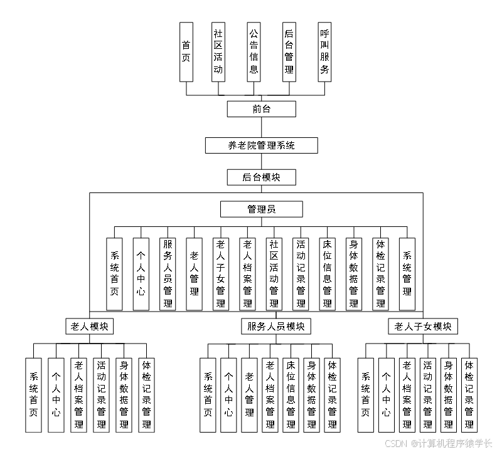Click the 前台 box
261,109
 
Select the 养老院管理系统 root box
261,145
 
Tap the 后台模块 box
261,177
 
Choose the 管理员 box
261,209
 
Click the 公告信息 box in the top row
254,52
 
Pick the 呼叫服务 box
324,52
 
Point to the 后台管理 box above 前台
289,52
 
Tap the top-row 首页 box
186,52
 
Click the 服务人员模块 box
276,326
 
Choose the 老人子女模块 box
422,326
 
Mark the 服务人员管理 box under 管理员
168,274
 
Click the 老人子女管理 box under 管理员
220,274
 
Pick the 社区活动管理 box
274,274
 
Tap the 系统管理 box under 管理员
407,274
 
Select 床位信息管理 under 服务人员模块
291,395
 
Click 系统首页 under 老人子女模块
365,395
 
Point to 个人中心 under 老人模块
56,395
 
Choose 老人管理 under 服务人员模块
249,395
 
